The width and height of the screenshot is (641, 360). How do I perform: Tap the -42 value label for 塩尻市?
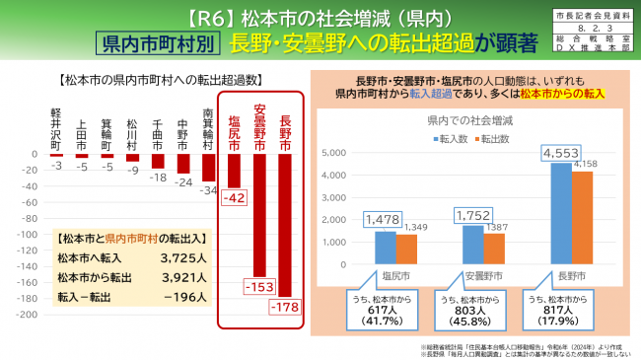tap(235, 198)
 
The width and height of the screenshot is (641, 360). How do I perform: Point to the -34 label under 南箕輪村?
tap(208, 189)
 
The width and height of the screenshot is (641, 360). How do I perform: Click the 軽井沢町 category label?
tap(56, 128)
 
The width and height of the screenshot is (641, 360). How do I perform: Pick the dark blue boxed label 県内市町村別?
tap(155, 42)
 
